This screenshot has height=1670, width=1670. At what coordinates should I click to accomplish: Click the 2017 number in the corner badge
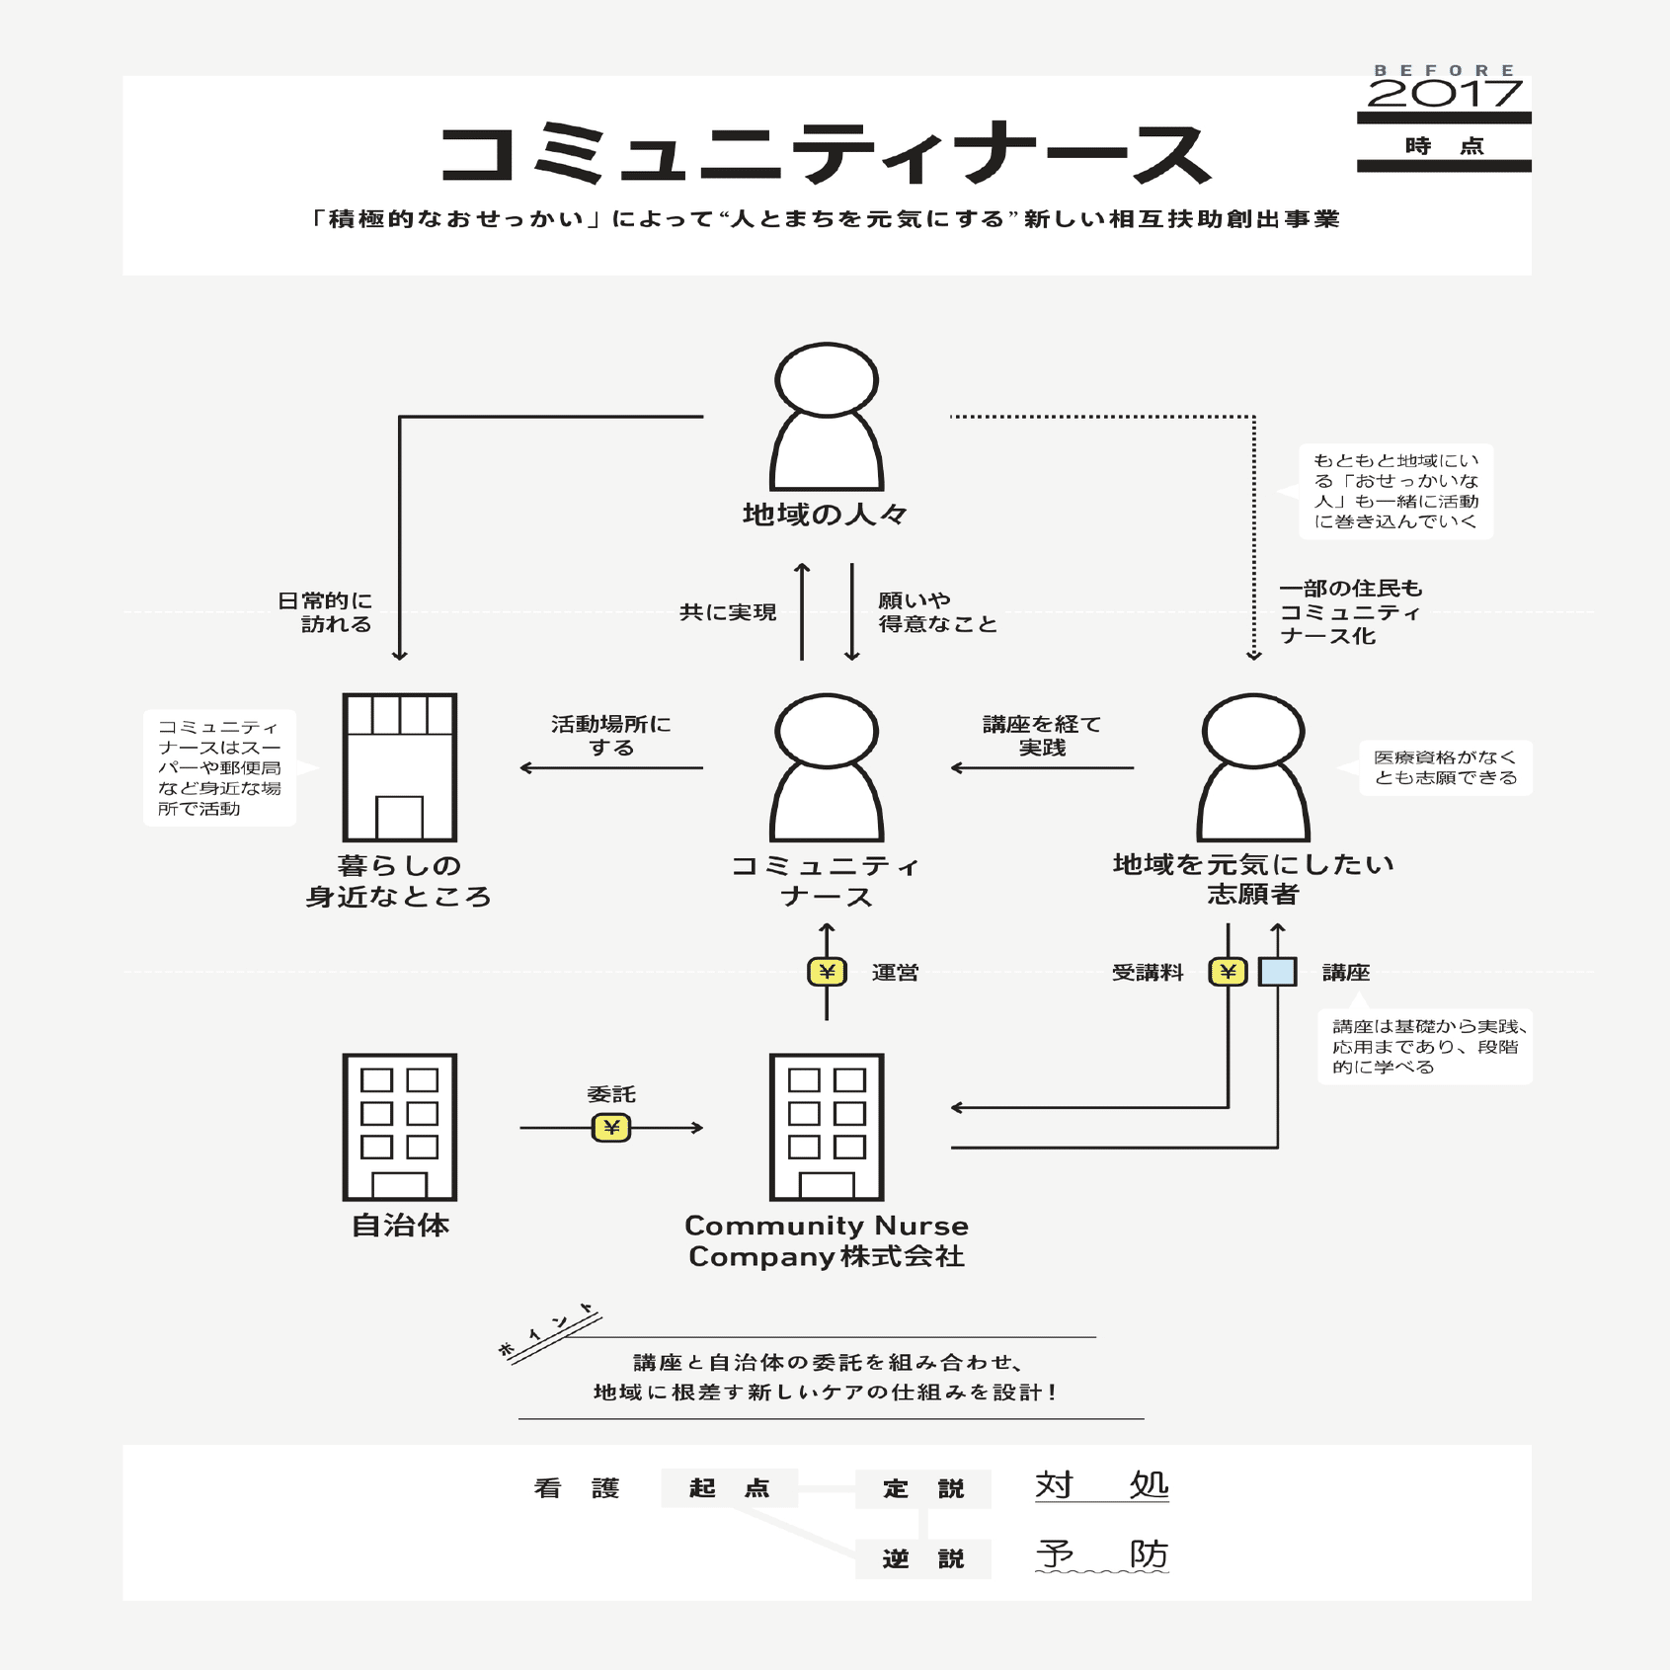[1444, 94]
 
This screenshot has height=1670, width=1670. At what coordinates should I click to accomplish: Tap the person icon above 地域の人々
[827, 416]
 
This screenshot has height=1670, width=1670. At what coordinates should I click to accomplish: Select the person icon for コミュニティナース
[827, 767]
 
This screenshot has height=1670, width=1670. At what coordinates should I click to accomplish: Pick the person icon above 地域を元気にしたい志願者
[1253, 767]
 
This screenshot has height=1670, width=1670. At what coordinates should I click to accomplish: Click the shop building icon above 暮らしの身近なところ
[399, 767]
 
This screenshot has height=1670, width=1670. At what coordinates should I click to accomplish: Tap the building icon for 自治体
[399, 1127]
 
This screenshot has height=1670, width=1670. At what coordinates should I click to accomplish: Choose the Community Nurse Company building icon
[827, 1127]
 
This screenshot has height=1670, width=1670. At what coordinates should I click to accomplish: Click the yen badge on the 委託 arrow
[611, 1127]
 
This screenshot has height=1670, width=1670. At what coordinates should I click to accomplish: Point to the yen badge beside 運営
[827, 972]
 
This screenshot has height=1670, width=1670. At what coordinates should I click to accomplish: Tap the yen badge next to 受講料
[1228, 972]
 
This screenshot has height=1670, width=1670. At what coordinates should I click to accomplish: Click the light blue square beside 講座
[1277, 972]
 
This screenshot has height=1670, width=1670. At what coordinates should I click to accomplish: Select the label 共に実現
[728, 612]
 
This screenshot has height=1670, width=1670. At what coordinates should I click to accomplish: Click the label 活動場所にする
[611, 736]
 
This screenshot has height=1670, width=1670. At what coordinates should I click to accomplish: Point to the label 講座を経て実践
[1042, 736]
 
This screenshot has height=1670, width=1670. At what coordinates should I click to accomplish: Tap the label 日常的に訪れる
[325, 612]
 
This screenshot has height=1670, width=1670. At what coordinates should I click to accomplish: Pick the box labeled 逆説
[922, 1558]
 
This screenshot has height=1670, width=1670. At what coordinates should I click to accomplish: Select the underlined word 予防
[1101, 1554]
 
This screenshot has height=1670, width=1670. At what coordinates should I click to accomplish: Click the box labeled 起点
[729, 1488]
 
